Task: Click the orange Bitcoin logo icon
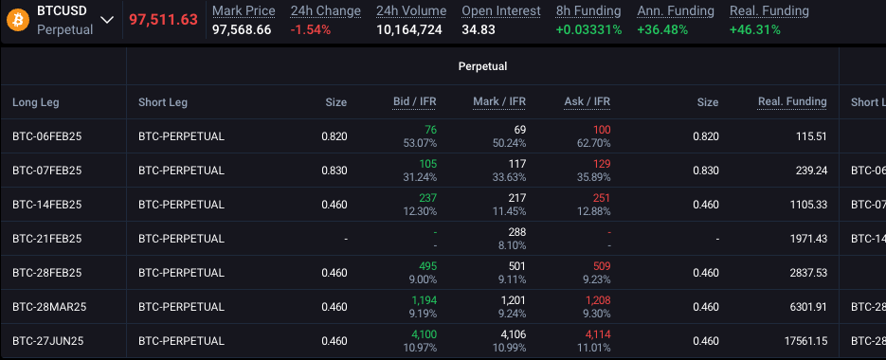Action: (x=17, y=20)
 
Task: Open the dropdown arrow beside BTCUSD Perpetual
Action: (x=107, y=21)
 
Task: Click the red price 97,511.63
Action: (x=163, y=20)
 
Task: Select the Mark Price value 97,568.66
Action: (x=242, y=29)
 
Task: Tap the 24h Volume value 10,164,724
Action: (x=409, y=29)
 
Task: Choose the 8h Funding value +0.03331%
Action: (x=588, y=29)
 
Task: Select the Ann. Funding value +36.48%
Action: (x=663, y=29)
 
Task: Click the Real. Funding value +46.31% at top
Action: (x=755, y=29)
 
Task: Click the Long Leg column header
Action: (x=35, y=102)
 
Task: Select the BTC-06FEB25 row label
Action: (x=47, y=136)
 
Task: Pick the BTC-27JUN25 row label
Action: (x=47, y=341)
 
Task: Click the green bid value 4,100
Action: (x=423, y=334)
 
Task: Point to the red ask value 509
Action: (x=599, y=266)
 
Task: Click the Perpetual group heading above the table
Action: (x=482, y=67)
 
